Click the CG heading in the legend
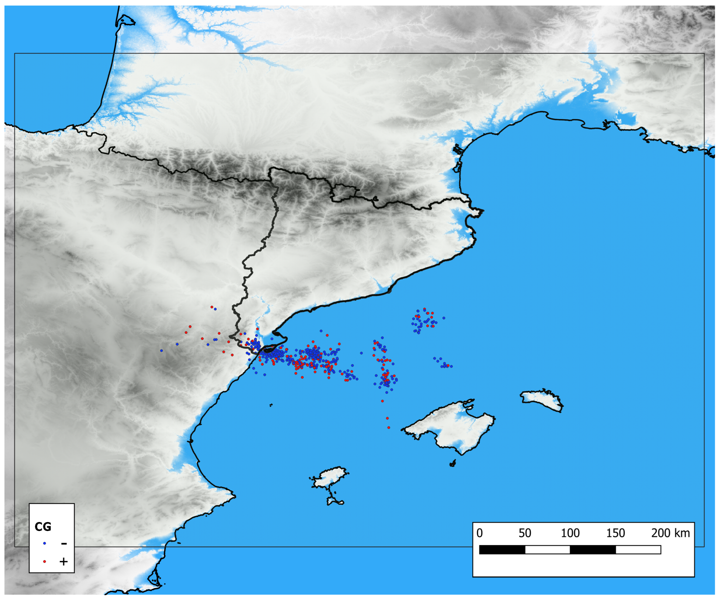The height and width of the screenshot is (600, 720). [43, 527]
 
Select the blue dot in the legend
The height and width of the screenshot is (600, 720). [45, 543]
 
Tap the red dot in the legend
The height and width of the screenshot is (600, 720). [45, 561]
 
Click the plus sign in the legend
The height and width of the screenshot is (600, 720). [63, 561]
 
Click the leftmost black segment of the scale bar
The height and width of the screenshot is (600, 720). [502, 550]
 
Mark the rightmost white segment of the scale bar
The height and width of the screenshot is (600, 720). [638, 550]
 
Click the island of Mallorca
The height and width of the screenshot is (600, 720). [453, 428]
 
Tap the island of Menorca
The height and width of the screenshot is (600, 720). [542, 400]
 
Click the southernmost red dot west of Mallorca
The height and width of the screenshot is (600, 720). [389, 427]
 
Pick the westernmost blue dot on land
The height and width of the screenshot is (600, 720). [162, 351]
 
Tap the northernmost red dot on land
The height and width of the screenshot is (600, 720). [212, 307]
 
